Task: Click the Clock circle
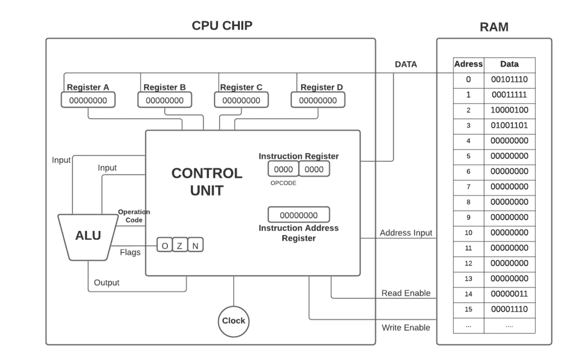tap(233, 321)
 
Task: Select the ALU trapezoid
tap(89, 236)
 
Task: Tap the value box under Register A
tap(88, 100)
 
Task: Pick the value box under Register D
tap(318, 100)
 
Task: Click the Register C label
tap(241, 87)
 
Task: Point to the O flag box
tap(164, 245)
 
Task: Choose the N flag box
tap(195, 245)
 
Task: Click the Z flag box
tap(180, 245)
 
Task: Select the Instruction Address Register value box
tap(298, 215)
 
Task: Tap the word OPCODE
tap(283, 183)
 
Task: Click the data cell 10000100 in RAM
tap(509, 110)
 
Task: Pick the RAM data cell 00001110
tap(509, 309)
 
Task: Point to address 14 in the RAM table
tap(468, 294)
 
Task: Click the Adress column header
tap(468, 64)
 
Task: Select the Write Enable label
tap(405, 328)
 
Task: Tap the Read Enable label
tap(405, 293)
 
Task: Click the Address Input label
tap(406, 233)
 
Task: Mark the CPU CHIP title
tap(222, 25)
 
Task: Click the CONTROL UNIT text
tap(207, 182)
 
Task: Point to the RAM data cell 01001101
tap(509, 126)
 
